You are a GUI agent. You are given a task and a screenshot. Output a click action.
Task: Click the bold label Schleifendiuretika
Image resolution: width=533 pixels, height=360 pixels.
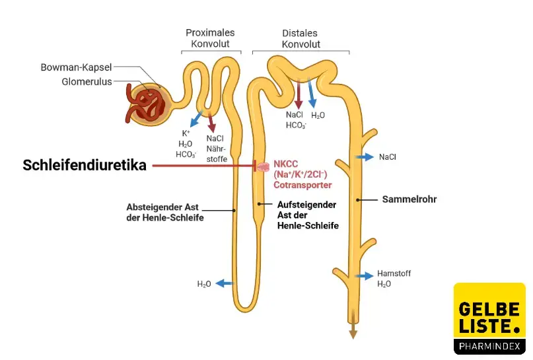pos(85,166)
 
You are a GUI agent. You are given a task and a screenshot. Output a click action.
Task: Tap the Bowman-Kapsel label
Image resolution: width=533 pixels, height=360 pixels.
pos(76,67)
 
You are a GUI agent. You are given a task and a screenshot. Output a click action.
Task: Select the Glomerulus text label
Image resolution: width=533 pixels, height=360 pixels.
pos(87,82)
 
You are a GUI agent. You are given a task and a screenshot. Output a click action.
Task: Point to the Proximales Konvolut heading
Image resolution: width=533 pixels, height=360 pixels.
pos(210,38)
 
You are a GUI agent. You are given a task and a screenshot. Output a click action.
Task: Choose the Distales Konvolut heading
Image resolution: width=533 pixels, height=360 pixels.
pos(301,38)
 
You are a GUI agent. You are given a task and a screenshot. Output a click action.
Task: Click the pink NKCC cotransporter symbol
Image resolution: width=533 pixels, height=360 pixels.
pos(263,166)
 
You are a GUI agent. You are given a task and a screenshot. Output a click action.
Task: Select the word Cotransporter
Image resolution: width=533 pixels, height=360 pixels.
pos(302,186)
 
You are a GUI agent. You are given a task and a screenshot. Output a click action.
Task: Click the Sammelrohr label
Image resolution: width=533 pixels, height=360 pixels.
pos(409,199)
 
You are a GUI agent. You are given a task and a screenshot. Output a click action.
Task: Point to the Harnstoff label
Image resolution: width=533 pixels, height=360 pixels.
pos(394,273)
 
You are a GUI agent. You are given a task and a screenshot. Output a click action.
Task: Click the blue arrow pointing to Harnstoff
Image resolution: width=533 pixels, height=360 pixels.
pos(364,276)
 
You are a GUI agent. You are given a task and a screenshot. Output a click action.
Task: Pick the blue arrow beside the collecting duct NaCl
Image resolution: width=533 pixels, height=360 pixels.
pos(363,157)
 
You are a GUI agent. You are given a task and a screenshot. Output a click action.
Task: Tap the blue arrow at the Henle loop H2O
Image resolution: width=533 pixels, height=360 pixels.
pos(225,283)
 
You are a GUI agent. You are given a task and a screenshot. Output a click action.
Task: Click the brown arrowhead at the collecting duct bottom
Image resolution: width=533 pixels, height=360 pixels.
pos(353,333)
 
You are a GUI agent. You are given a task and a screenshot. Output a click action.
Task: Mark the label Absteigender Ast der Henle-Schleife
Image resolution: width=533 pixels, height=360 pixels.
pos(164,212)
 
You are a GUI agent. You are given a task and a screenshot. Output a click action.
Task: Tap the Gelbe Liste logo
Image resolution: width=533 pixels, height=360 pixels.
pos(489,319)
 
